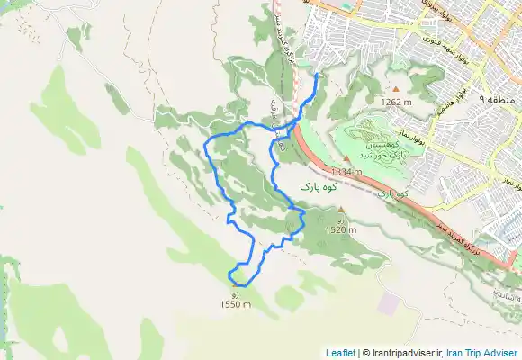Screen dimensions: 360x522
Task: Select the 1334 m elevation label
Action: click(x=346, y=171)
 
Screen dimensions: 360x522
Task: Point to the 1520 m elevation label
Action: click(x=340, y=229)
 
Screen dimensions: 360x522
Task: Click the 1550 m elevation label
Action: click(x=235, y=304)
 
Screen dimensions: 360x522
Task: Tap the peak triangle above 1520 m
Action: click(x=340, y=211)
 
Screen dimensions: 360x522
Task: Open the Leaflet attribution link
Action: click(x=340, y=353)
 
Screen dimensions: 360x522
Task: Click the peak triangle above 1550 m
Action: click(x=235, y=287)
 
